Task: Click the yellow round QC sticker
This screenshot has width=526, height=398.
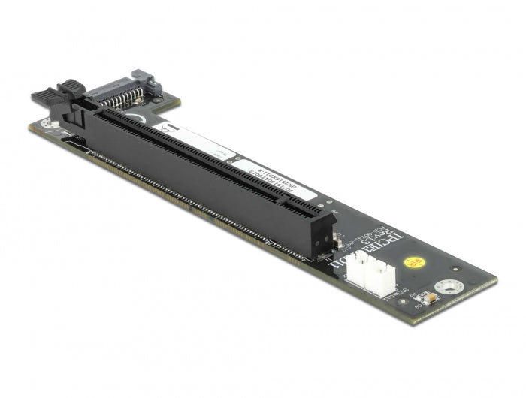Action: tap(411, 264)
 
